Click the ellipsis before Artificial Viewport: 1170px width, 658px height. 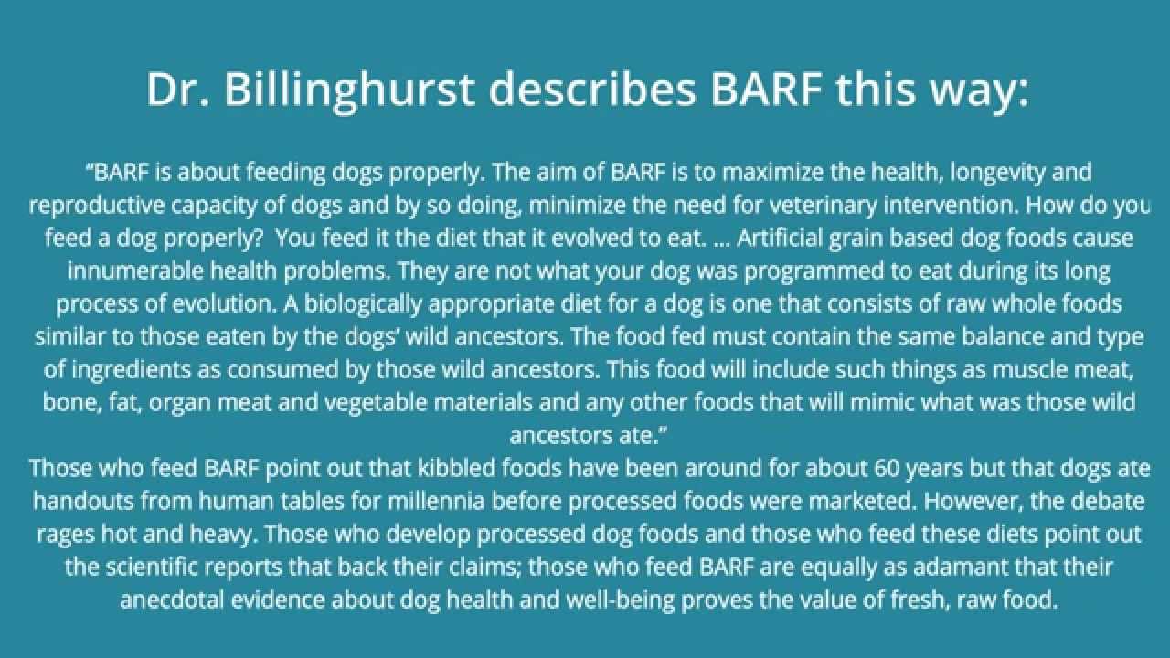point(720,239)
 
